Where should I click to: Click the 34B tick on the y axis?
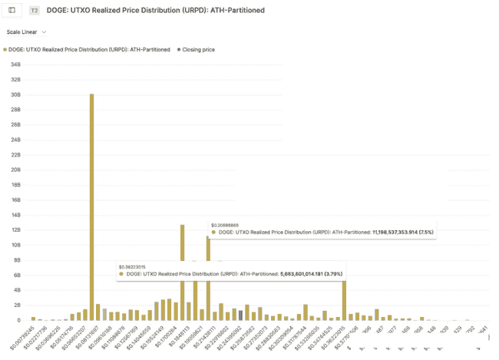tap(15, 64)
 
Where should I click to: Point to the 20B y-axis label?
tap(15, 170)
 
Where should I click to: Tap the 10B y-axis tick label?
tap(15, 245)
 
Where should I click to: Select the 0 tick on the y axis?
tap(18, 320)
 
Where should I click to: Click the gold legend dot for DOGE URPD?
tap(5, 48)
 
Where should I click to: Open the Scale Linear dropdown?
tap(26, 32)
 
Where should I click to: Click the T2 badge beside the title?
tap(35, 11)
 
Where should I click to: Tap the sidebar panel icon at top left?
tap(12, 11)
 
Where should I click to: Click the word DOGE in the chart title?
tap(58, 11)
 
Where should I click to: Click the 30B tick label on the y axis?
tap(15, 94)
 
